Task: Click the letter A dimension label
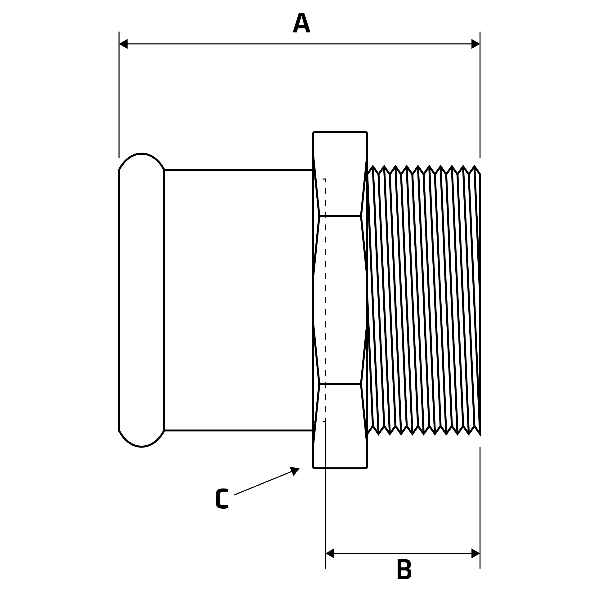[x=301, y=23]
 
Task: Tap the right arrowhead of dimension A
[x=475, y=44]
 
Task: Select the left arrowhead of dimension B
[x=330, y=553]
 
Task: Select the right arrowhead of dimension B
[x=475, y=553]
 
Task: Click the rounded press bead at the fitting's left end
[x=141, y=300]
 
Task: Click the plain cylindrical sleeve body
[x=238, y=300]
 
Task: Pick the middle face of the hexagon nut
[x=340, y=300]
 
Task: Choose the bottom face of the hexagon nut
[x=340, y=426]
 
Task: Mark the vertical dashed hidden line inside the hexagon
[x=325, y=276]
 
